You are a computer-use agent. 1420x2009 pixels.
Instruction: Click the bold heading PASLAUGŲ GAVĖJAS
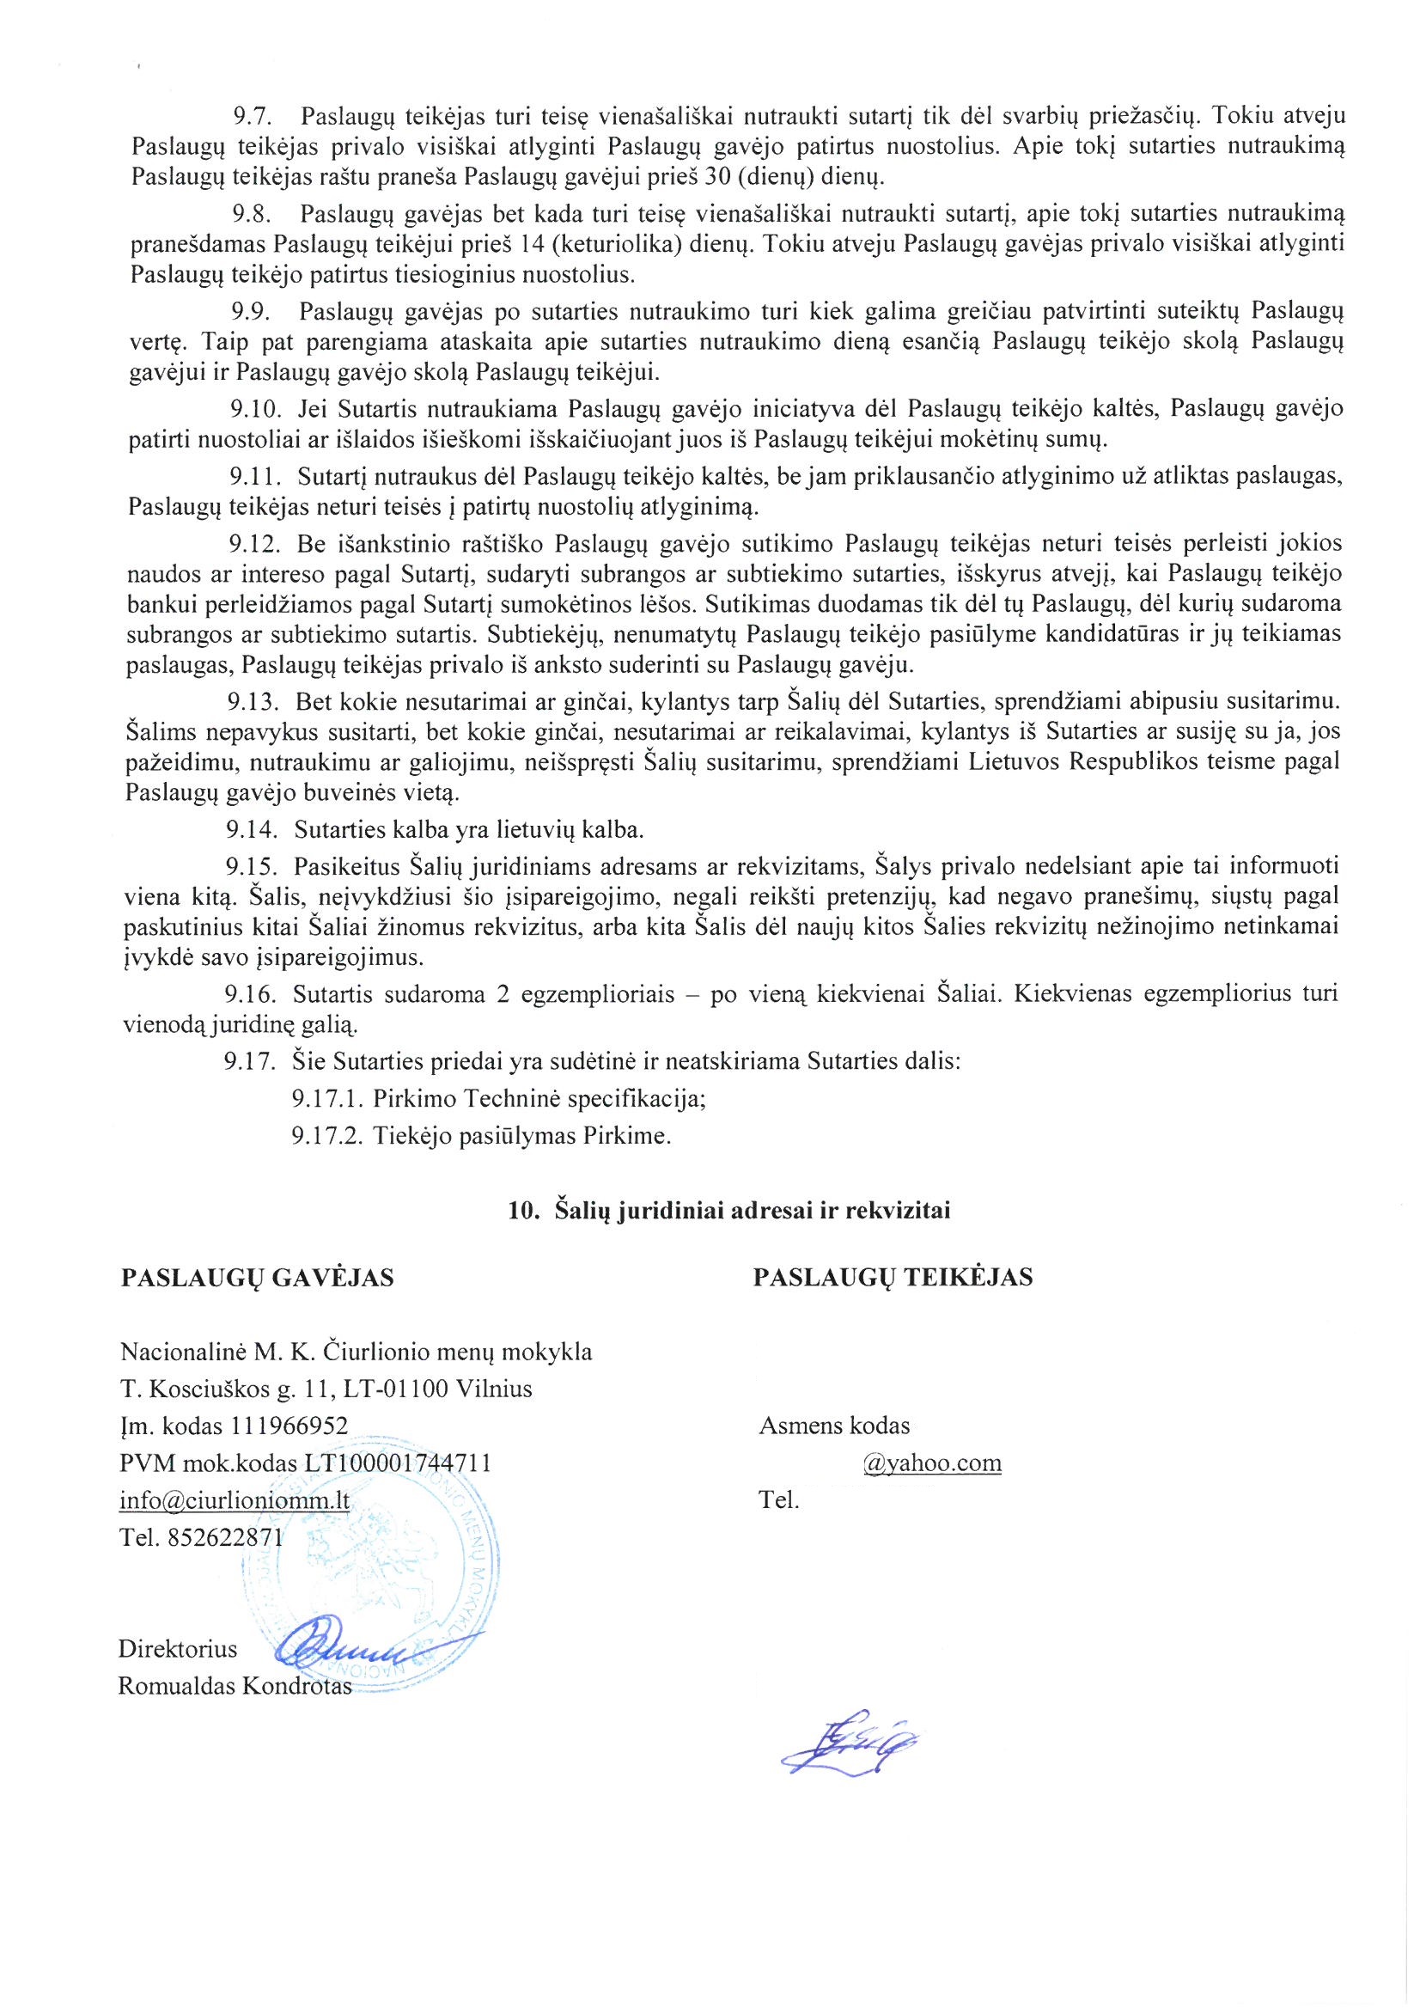(257, 1279)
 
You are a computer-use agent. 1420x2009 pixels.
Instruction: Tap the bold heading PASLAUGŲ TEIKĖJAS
(893, 1278)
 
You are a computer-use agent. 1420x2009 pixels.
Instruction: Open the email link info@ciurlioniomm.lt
(235, 1500)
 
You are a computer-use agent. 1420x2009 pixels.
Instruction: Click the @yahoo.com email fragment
(932, 1464)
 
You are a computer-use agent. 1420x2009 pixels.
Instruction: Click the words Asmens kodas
(834, 1426)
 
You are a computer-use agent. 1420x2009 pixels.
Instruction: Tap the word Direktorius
(178, 1648)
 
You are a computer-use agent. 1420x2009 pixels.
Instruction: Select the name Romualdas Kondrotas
(235, 1686)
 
